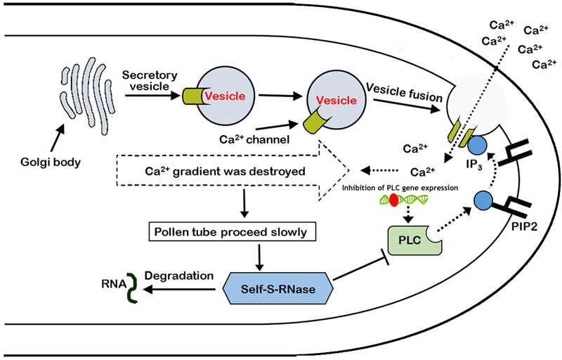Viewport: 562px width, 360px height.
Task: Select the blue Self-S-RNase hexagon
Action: pyautogui.click(x=277, y=287)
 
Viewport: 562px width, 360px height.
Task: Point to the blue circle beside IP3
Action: pyautogui.click(x=478, y=146)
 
